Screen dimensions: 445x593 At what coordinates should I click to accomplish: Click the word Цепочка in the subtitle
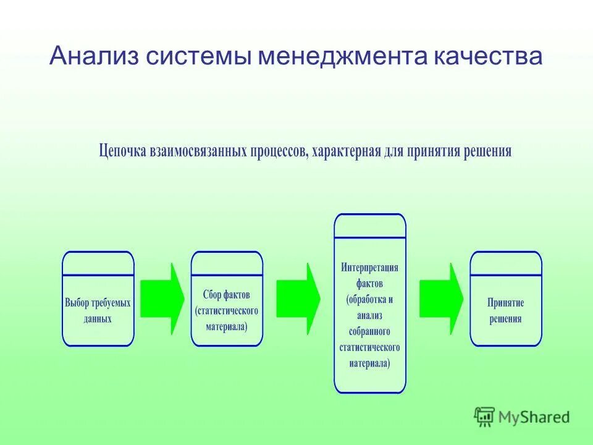[122, 151]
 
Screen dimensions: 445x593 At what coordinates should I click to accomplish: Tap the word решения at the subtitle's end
[486, 151]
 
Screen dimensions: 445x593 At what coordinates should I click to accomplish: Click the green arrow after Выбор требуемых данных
[162, 299]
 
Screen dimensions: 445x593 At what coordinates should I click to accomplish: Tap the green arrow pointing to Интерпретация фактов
[298, 299]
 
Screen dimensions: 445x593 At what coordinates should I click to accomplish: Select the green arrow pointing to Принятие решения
[441, 299]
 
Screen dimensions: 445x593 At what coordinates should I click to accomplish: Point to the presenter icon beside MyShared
[484, 417]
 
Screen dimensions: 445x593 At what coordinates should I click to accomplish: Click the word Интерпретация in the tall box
[370, 268]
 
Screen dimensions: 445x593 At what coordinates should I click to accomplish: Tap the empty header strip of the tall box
[370, 226]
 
